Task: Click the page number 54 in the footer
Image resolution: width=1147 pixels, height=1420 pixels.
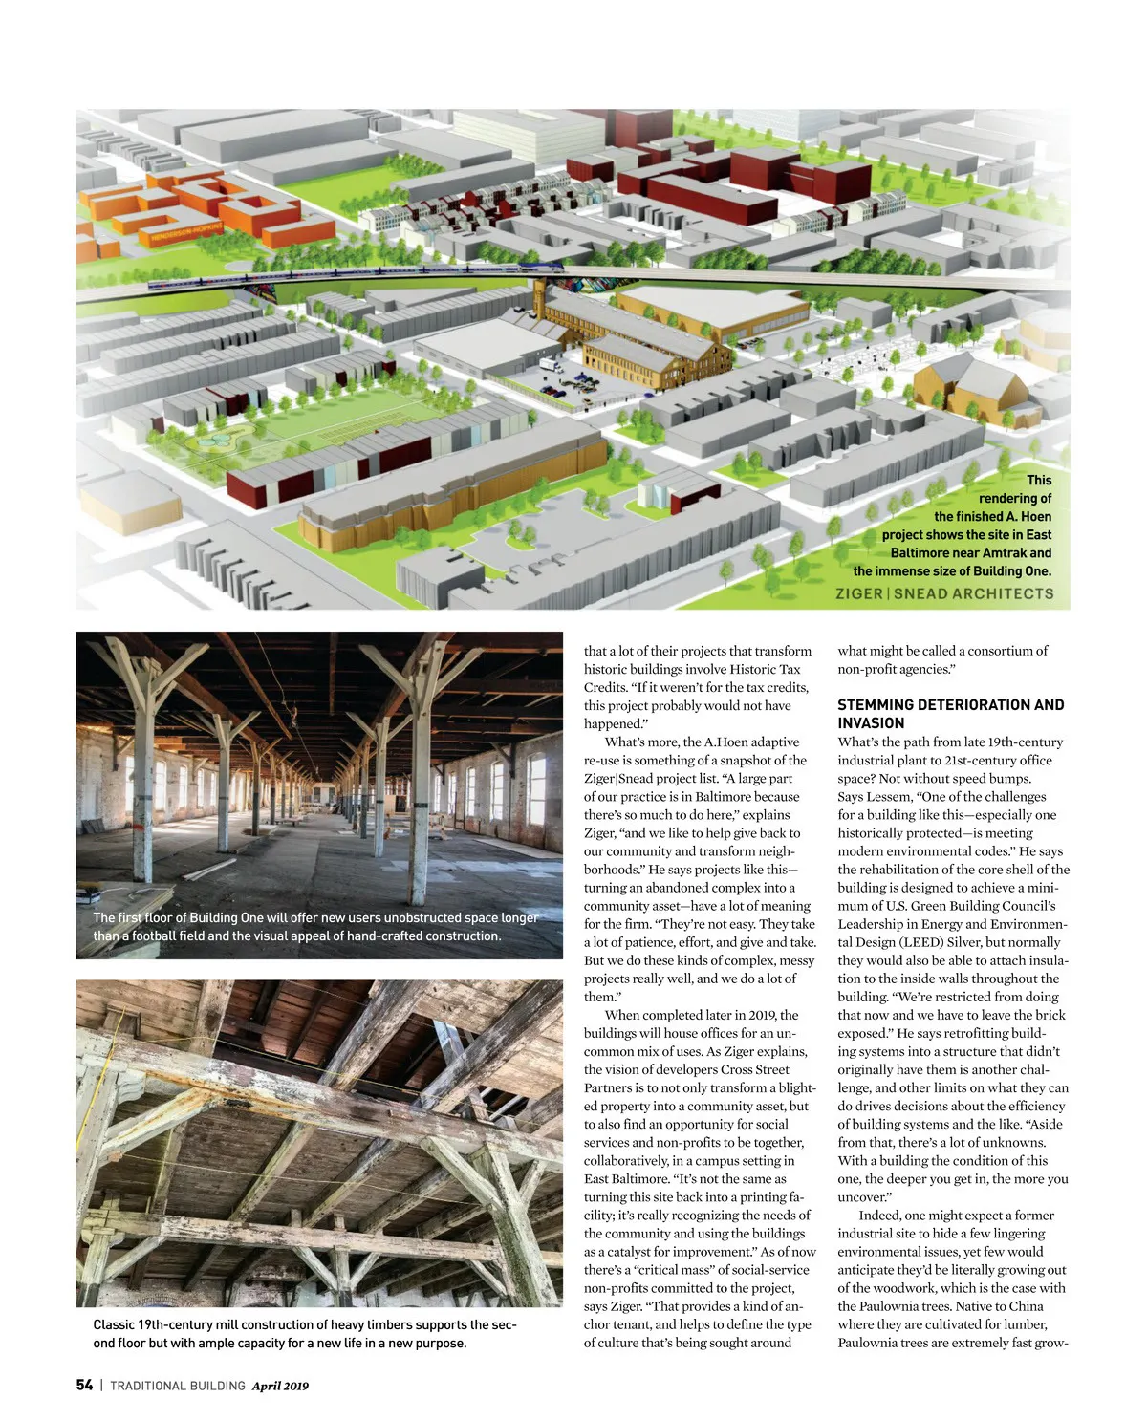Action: tap(84, 1385)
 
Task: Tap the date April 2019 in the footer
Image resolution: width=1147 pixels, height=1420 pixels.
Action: tap(280, 1386)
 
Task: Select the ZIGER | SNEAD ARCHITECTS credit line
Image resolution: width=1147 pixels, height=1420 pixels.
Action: tap(943, 593)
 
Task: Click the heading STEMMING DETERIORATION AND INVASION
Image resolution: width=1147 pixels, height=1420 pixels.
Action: tap(950, 714)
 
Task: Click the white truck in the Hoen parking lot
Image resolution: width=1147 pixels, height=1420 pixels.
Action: tap(550, 364)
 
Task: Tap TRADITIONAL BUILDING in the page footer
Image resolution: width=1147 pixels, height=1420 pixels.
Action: tap(178, 1386)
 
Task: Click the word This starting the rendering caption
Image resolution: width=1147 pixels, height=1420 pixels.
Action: tap(1038, 480)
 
